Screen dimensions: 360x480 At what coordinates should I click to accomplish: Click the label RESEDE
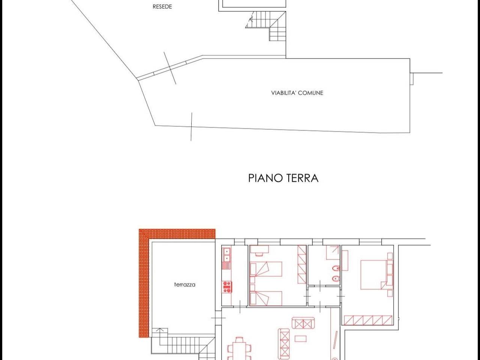[162, 6]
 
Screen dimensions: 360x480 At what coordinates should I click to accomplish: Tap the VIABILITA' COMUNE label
[297, 93]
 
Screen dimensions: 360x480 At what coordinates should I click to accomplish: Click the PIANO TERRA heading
[283, 177]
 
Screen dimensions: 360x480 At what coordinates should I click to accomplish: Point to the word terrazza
[184, 284]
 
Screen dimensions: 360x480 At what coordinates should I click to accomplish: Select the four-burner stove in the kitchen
[227, 287]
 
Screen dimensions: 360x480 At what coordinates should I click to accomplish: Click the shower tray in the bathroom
[333, 253]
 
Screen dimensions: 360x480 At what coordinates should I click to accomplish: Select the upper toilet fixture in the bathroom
[336, 268]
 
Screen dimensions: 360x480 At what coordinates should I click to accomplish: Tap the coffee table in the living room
[300, 339]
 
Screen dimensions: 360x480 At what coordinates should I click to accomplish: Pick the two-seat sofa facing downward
[303, 323]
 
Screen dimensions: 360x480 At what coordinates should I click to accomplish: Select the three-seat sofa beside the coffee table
[283, 343]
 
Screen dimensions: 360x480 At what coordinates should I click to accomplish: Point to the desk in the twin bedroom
[259, 249]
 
